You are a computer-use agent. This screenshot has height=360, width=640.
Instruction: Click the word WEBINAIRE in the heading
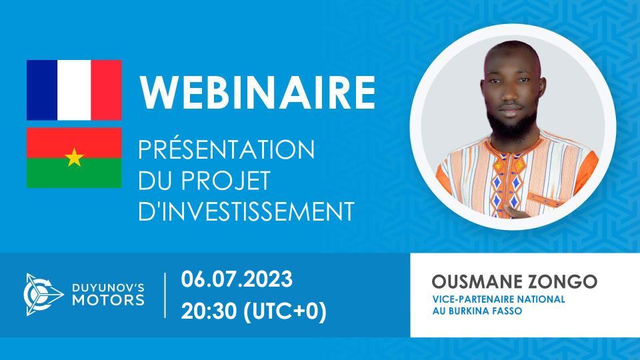click(257, 93)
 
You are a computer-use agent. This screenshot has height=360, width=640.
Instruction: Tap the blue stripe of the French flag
click(42, 90)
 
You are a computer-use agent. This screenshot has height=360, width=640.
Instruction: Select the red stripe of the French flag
click(106, 90)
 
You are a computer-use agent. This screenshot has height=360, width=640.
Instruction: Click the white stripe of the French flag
click(74, 90)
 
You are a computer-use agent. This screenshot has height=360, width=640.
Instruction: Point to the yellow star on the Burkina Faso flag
click(73, 158)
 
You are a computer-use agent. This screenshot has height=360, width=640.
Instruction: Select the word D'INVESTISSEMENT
click(245, 212)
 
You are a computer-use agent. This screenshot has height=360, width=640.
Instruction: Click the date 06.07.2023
click(236, 279)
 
